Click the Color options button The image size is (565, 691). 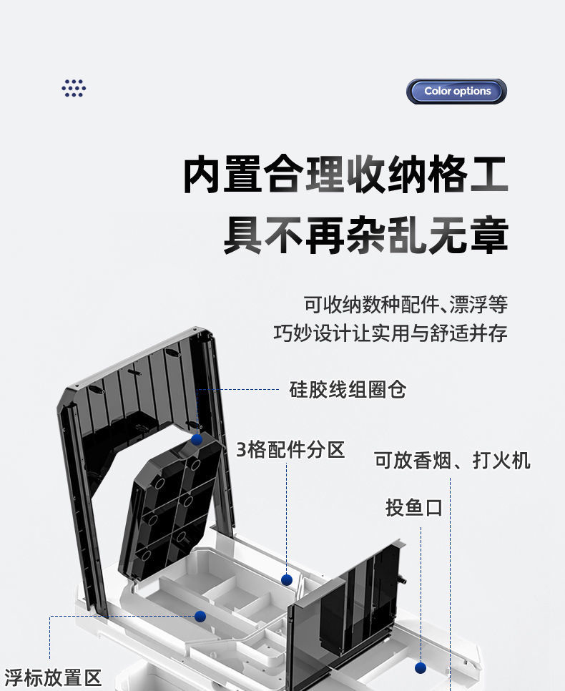pos(457,92)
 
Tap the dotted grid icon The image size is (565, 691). pos(74,88)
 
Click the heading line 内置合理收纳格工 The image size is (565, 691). pos(345,176)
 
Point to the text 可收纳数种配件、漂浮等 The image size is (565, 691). pos(406,304)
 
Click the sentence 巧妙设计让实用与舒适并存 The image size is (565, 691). pos(390,333)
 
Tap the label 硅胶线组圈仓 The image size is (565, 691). pos(348,390)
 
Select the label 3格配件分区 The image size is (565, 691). pos(290,450)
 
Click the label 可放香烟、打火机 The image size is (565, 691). pos(452,460)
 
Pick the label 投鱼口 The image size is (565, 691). pos(414,508)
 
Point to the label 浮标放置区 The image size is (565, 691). pos(53,677)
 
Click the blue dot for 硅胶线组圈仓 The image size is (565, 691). pos(197,439)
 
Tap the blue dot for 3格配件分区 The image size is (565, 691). pos(287,580)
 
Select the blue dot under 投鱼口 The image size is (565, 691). pos(421,667)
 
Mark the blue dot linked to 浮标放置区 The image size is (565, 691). pos(200,616)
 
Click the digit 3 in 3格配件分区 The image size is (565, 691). pos(242,450)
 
